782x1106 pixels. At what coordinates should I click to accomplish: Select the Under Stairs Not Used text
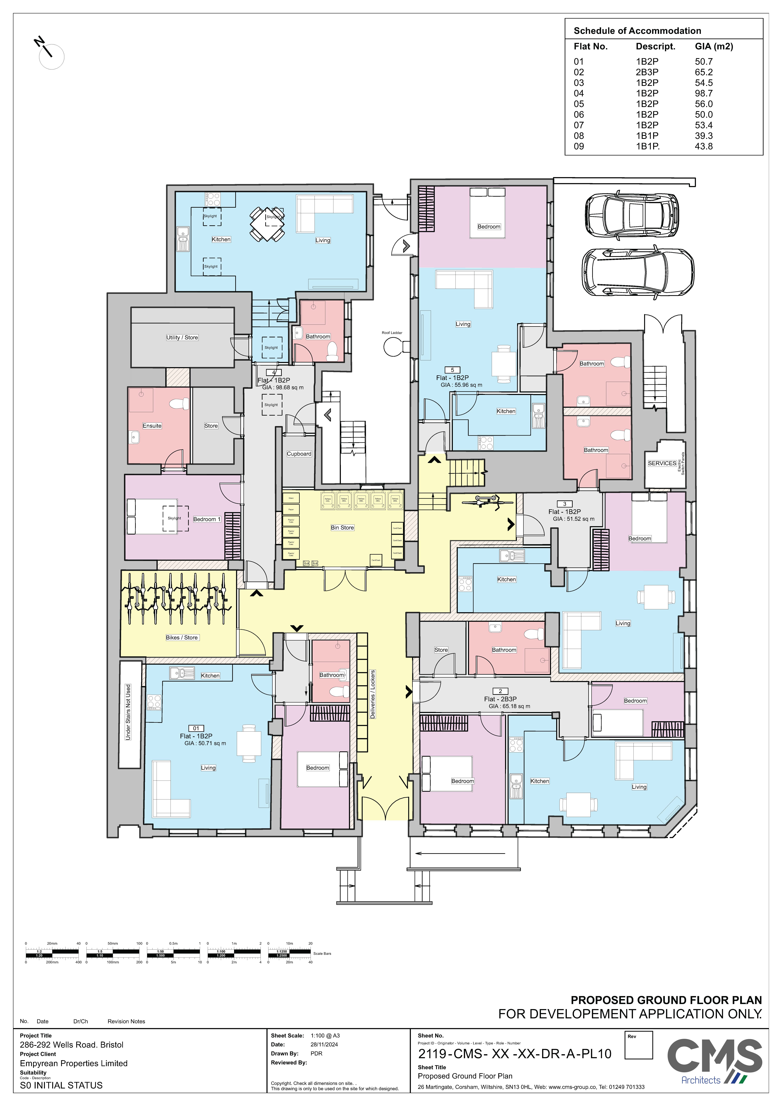(128, 712)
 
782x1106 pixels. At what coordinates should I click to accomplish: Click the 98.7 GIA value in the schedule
(703, 93)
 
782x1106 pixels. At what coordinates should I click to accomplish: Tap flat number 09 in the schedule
(579, 146)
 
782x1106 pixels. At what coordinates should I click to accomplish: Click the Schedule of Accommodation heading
(637, 31)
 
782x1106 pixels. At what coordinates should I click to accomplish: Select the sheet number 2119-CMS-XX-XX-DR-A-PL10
(515, 1054)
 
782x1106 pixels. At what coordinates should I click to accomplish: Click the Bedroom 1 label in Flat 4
(207, 519)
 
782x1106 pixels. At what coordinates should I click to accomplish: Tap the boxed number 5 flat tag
(452, 370)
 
